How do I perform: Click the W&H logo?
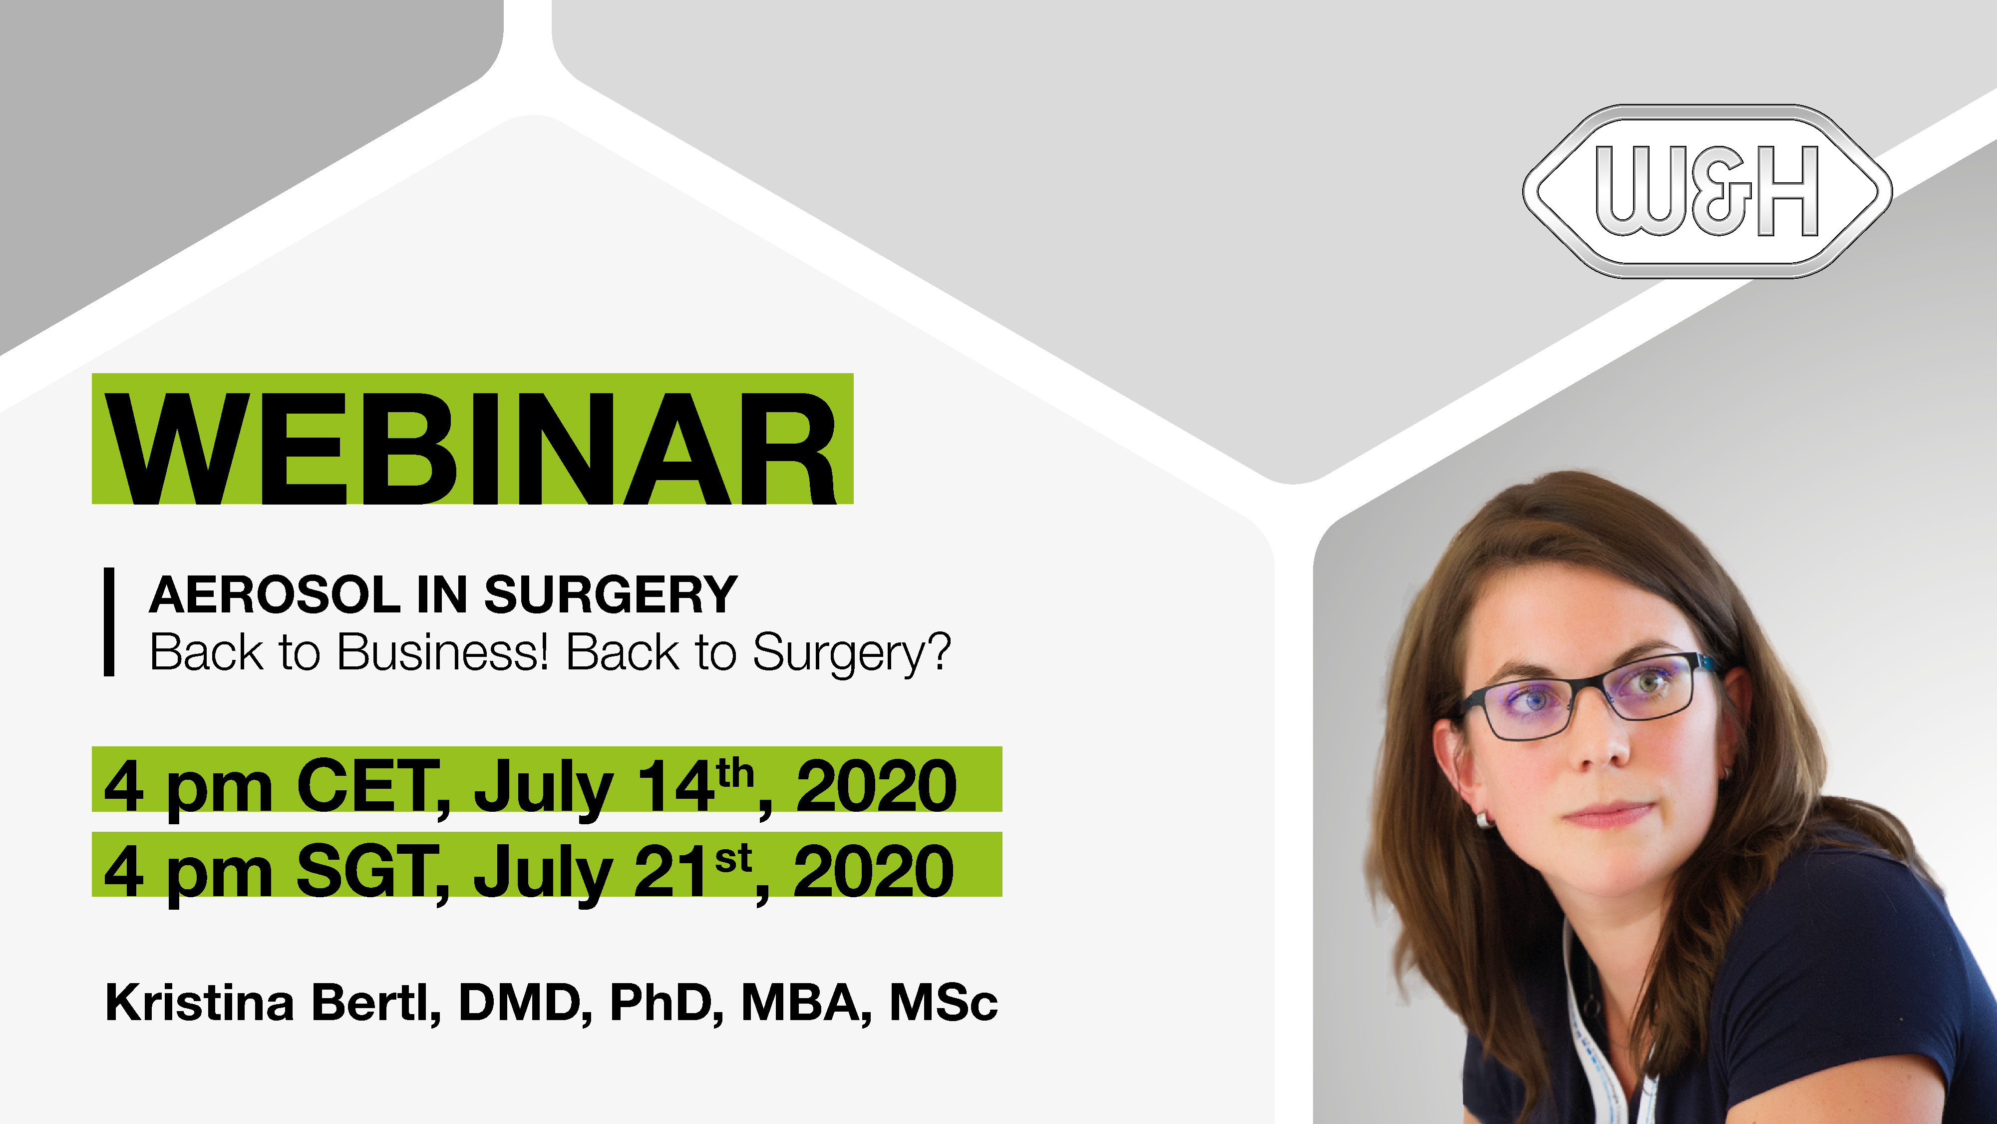[1707, 191]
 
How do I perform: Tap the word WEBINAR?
[471, 449]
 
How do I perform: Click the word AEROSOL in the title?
[275, 595]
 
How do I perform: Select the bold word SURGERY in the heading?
[610, 595]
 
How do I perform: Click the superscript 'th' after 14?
[735, 773]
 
